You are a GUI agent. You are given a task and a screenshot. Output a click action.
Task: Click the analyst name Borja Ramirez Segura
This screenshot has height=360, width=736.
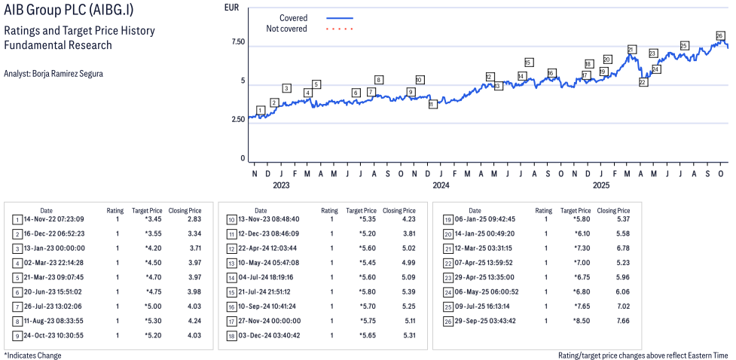[53, 74]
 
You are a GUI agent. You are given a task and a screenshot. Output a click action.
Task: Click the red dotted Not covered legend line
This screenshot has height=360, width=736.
[340, 29]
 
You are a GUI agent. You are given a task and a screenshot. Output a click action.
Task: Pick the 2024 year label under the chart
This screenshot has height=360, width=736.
[441, 185]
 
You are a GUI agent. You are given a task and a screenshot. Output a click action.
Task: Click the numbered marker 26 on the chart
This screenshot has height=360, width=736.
[719, 35]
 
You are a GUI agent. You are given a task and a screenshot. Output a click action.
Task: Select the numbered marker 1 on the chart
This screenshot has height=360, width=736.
[260, 110]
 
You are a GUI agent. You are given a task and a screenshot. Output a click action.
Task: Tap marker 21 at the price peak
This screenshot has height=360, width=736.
[631, 50]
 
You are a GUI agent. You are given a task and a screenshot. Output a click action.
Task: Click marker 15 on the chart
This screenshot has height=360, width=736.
[528, 63]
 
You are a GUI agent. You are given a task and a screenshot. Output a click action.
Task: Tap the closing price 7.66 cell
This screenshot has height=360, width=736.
[620, 321]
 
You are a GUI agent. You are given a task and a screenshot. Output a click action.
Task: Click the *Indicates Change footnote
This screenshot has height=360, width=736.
[32, 355]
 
